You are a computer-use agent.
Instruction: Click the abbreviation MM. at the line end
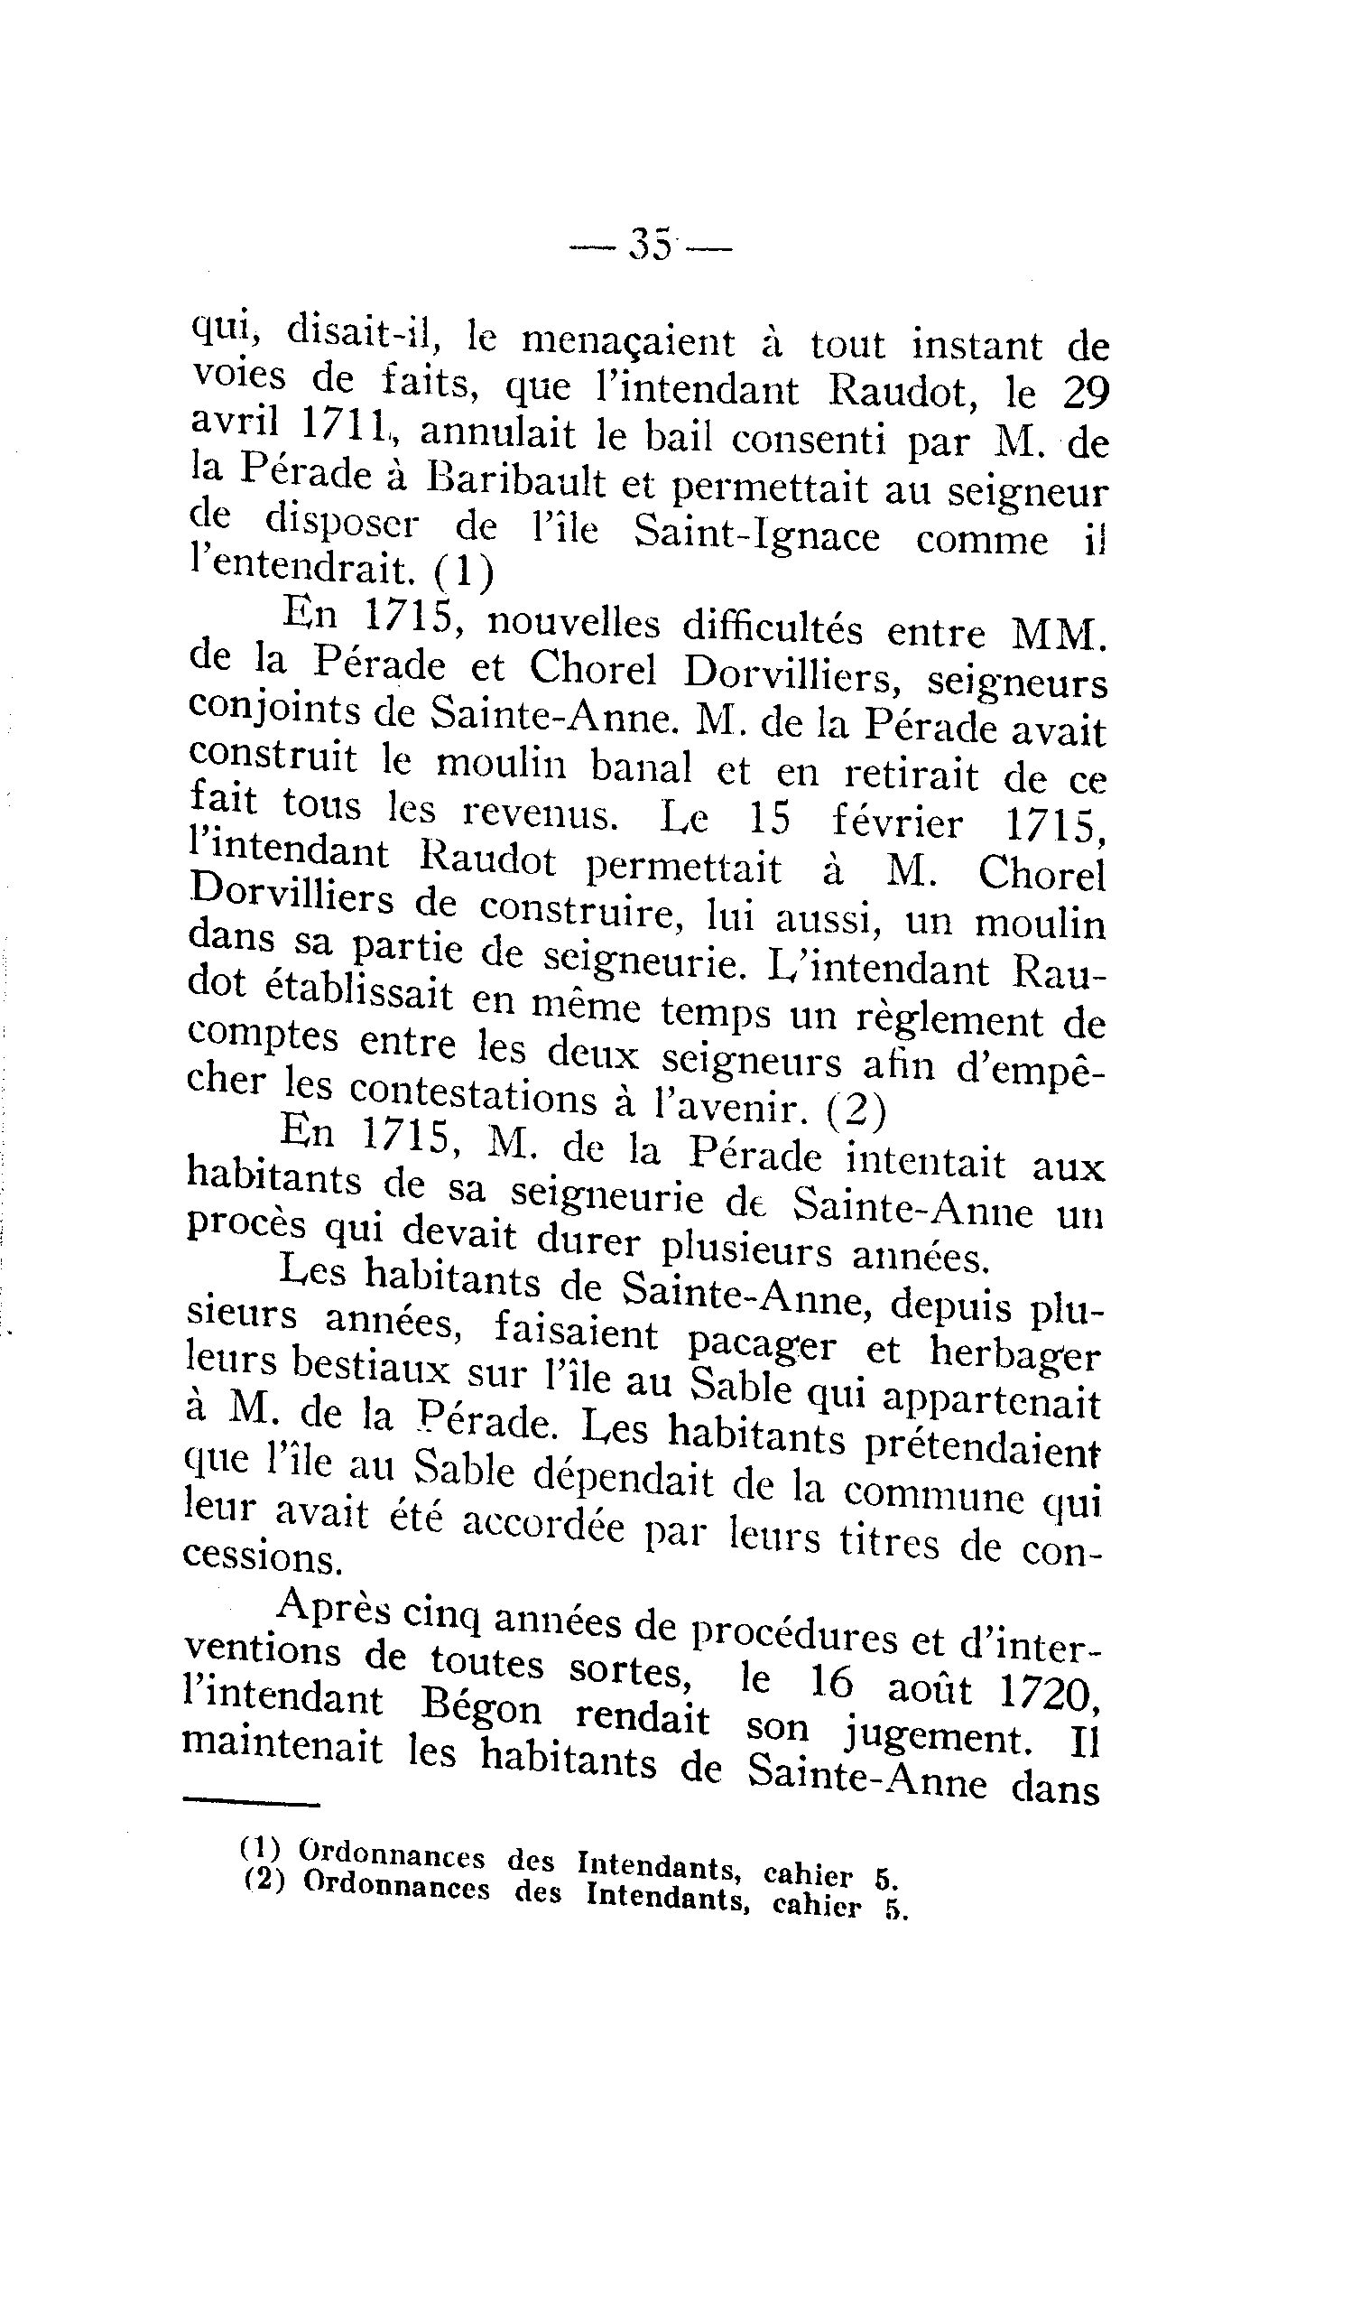coord(1058,634)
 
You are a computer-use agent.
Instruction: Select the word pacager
coord(761,1344)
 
